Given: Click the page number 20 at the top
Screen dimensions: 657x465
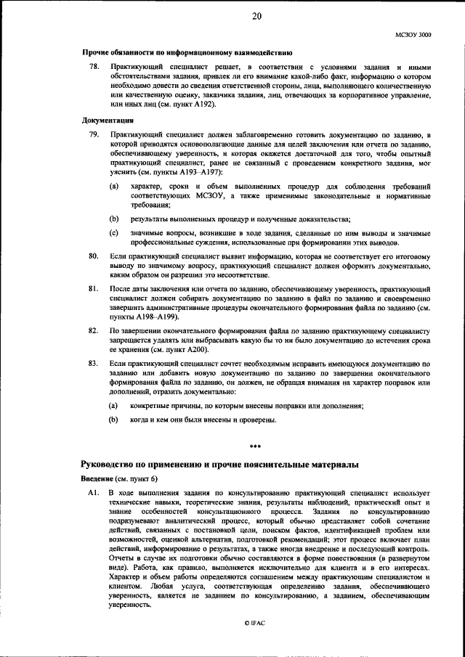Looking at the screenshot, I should click(x=256, y=18).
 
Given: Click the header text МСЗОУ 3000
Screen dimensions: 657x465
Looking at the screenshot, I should click(x=413, y=33).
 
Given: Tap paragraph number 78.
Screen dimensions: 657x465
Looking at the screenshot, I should click(x=93, y=67).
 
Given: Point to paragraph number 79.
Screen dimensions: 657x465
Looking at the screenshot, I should click(x=93, y=135).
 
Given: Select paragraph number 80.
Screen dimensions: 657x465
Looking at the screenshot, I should click(x=93, y=257).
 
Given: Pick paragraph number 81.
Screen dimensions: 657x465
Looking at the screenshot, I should click(x=93, y=289).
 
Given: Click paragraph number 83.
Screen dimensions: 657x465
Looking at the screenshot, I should click(x=93, y=362).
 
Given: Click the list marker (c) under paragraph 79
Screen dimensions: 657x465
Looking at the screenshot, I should click(x=114, y=232).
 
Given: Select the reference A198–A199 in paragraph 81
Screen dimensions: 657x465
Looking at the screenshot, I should click(x=150, y=317).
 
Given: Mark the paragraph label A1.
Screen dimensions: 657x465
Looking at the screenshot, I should click(x=93, y=494).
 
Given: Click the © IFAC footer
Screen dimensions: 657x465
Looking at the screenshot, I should click(x=255, y=623).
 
